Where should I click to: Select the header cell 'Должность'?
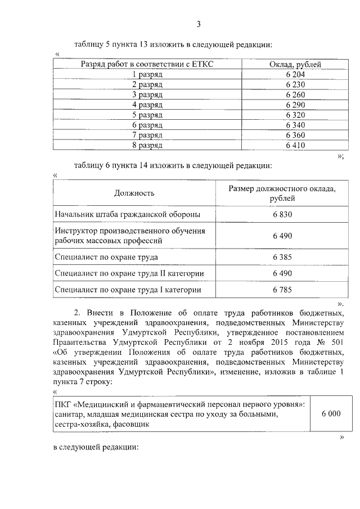(x=134, y=193)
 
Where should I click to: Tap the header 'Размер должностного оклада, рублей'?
(x=282, y=193)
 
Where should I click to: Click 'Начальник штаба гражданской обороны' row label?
(x=127, y=215)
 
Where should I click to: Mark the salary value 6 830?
(x=282, y=215)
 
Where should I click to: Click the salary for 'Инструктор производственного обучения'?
(x=282, y=236)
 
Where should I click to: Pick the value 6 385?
(x=282, y=257)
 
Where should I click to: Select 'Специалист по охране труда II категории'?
(x=129, y=273)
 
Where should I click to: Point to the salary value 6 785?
(x=282, y=290)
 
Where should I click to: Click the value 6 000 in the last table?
(x=331, y=413)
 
